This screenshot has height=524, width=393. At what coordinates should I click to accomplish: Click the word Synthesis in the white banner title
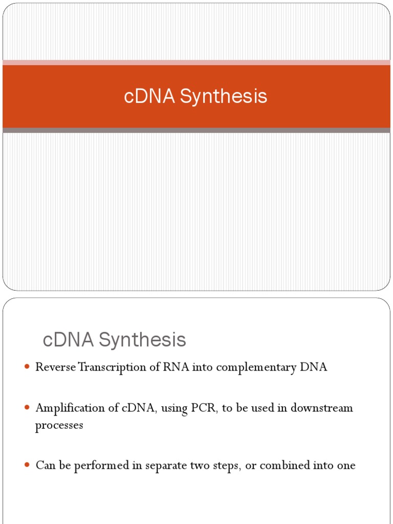(x=223, y=97)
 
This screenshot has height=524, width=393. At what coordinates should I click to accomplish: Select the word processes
(x=59, y=426)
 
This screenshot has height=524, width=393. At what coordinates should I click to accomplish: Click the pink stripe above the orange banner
(x=196, y=62)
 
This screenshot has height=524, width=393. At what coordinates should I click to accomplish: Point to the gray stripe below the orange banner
(x=196, y=130)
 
